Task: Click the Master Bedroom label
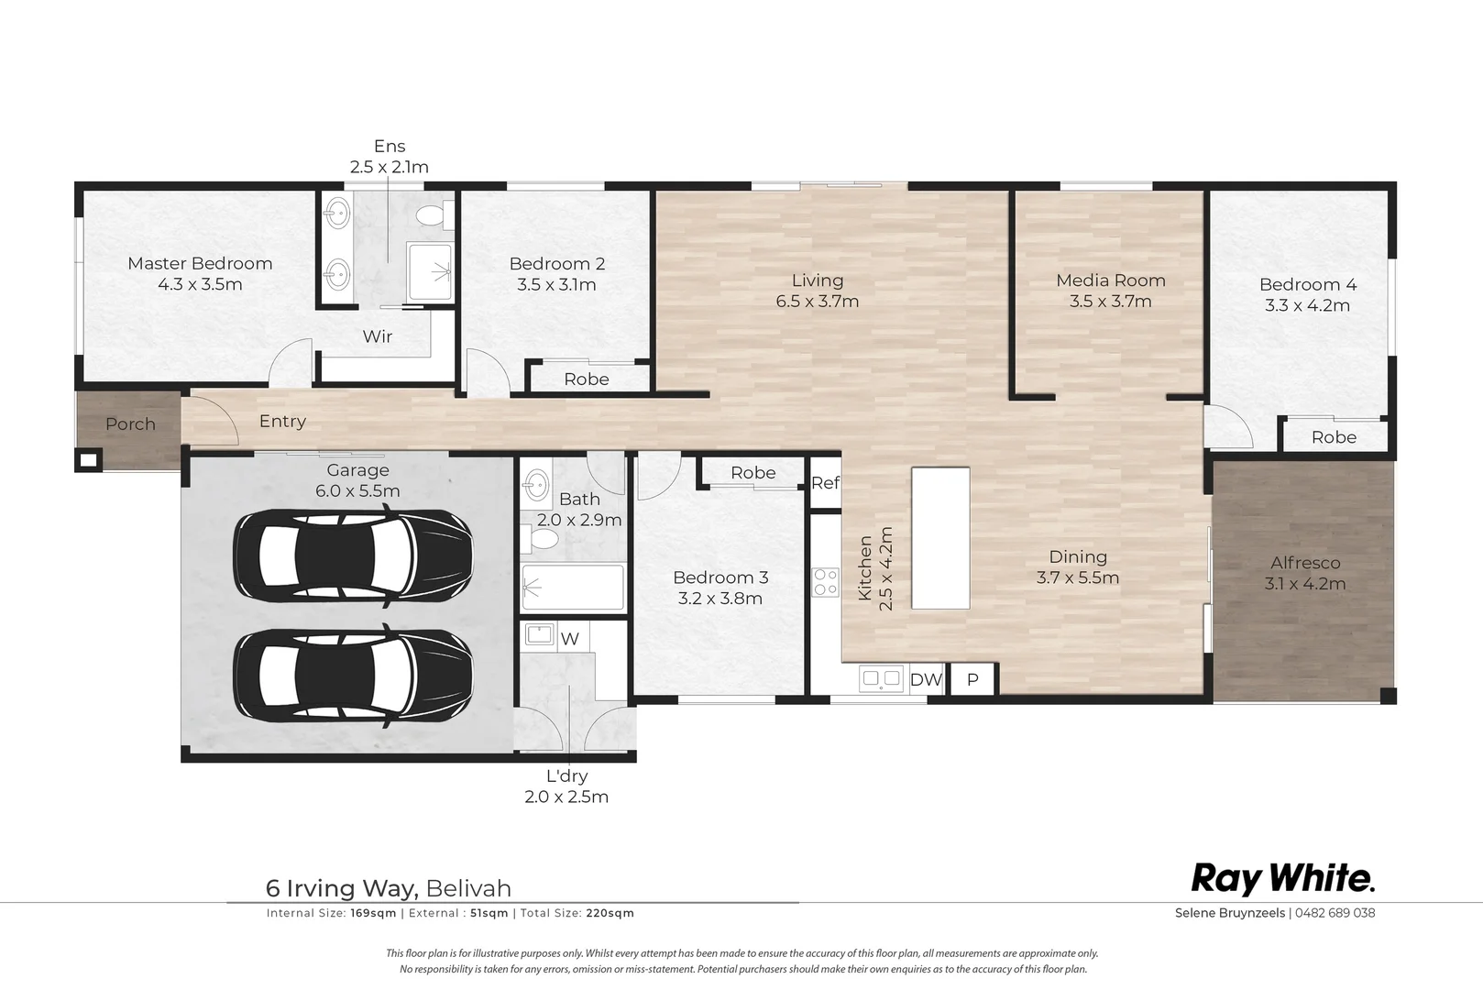point(200,264)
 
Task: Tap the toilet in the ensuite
point(434,214)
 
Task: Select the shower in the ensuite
point(431,271)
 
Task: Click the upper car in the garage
point(353,553)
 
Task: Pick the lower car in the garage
point(353,673)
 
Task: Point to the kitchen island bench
point(940,538)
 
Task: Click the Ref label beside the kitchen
point(825,483)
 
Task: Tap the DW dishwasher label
point(926,679)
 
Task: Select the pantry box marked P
point(972,679)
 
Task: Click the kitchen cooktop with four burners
point(826,582)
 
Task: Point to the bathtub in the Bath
point(573,587)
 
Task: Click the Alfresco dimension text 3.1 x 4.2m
point(1305,584)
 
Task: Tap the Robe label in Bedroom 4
point(1334,437)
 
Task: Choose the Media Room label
point(1111,280)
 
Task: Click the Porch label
point(130,423)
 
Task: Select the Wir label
point(378,336)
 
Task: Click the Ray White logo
point(1283,879)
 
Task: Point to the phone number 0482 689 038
point(1335,913)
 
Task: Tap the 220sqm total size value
point(610,913)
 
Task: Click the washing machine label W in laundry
point(570,639)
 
